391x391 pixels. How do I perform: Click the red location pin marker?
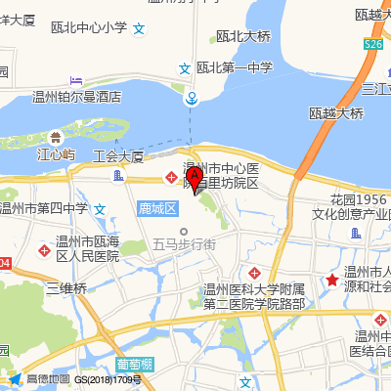195,179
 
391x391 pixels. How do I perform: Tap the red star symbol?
332,281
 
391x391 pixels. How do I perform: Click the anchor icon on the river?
194,98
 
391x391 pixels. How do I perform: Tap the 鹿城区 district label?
156,209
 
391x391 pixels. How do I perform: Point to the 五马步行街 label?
184,246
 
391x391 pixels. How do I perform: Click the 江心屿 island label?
56,154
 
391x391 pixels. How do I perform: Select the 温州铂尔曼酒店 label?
76,97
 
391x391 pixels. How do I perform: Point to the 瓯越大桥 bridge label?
336,113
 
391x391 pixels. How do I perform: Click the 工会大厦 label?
117,155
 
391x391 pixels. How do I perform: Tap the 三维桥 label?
66,287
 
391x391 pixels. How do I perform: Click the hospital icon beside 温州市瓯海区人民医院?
42,251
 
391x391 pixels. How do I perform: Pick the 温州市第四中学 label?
43,207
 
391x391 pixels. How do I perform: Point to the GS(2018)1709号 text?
109,379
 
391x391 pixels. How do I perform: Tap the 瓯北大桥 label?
242,37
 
